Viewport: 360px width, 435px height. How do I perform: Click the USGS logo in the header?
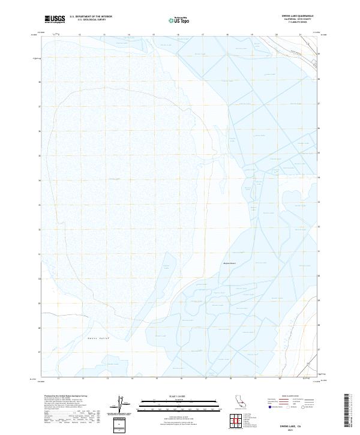pos(55,19)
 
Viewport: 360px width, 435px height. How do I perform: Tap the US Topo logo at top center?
pos(181,20)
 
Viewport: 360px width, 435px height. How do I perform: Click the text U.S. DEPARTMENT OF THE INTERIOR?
pos(91,17)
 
